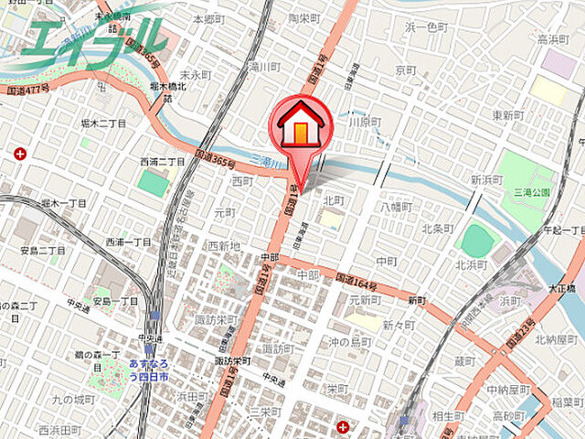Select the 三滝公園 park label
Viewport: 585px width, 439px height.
point(530,193)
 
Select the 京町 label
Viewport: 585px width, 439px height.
point(406,70)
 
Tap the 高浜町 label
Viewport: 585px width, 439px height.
point(554,39)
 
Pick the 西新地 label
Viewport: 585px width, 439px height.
point(223,245)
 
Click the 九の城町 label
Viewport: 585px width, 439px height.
point(73,399)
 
